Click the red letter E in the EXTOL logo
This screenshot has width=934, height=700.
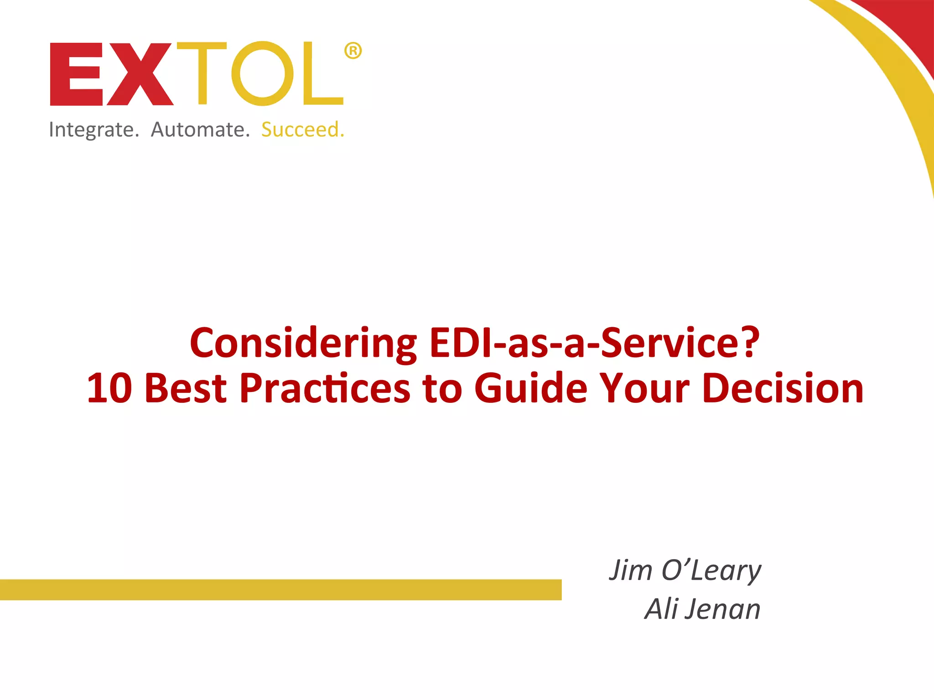[76, 74]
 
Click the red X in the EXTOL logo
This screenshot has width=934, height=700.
[140, 74]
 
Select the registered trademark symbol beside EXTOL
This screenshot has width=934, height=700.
[353, 51]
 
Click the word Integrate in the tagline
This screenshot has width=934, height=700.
[93, 130]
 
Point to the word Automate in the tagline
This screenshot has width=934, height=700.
[200, 130]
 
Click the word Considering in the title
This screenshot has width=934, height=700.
[303, 344]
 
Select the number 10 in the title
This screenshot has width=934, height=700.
[109, 388]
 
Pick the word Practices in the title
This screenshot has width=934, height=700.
[325, 388]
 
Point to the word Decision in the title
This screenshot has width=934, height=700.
[783, 388]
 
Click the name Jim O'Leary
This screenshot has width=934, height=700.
[685, 571]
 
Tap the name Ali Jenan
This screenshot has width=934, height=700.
[702, 609]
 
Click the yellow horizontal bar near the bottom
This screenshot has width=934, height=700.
[280, 590]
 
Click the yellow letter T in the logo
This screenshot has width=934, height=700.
[202, 73]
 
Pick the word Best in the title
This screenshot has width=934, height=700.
[186, 388]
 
